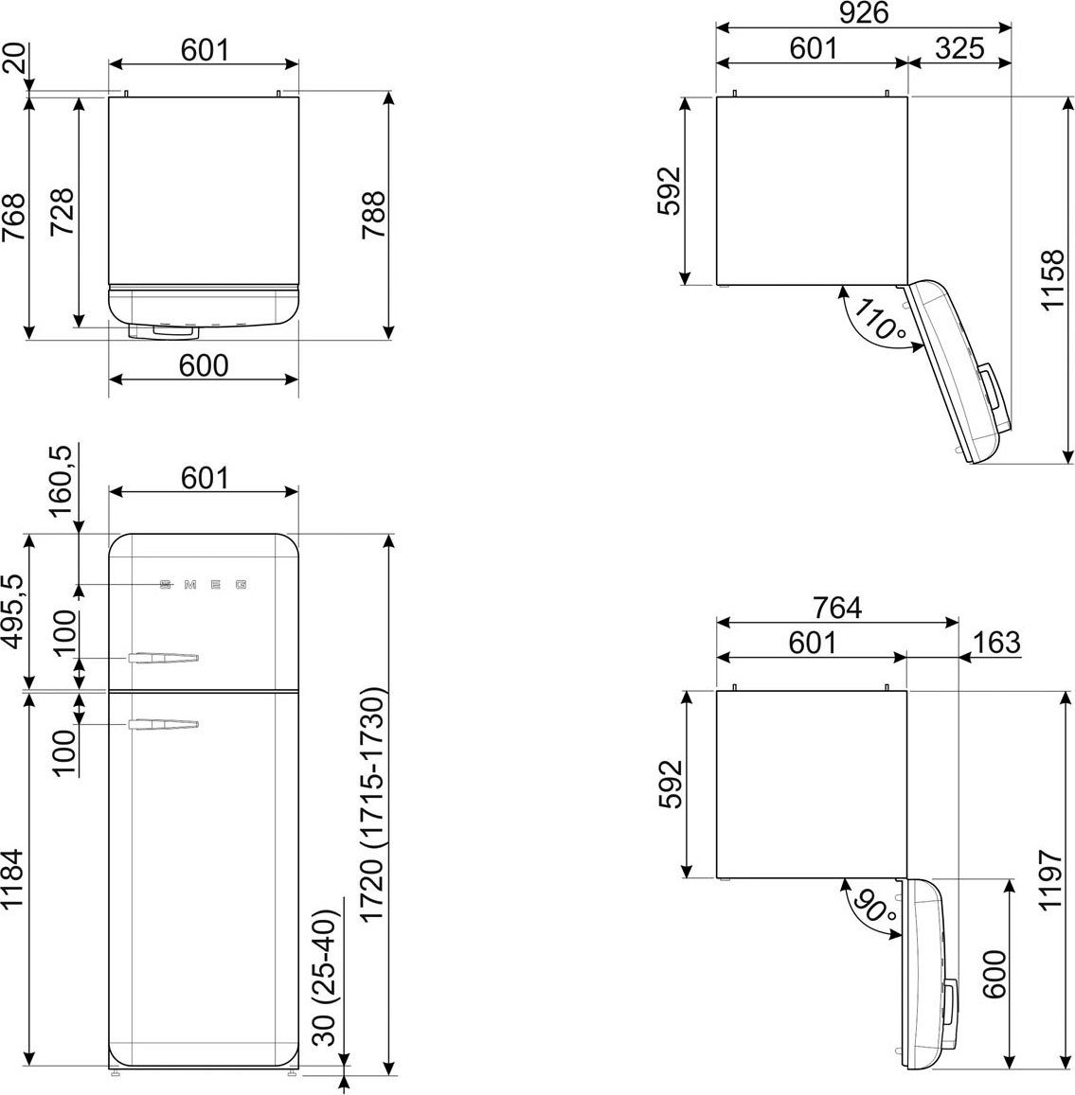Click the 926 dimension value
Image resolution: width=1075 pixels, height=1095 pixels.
(864, 13)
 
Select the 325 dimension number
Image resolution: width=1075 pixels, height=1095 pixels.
(959, 49)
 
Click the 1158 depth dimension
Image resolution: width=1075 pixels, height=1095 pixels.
(1052, 280)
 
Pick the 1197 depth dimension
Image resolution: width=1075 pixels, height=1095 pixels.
(1051, 880)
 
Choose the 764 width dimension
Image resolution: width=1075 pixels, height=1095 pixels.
(836, 609)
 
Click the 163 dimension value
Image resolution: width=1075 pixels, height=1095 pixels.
(996, 643)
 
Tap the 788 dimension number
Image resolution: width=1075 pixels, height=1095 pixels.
(374, 215)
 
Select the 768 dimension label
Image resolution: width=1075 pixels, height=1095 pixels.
(13, 217)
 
